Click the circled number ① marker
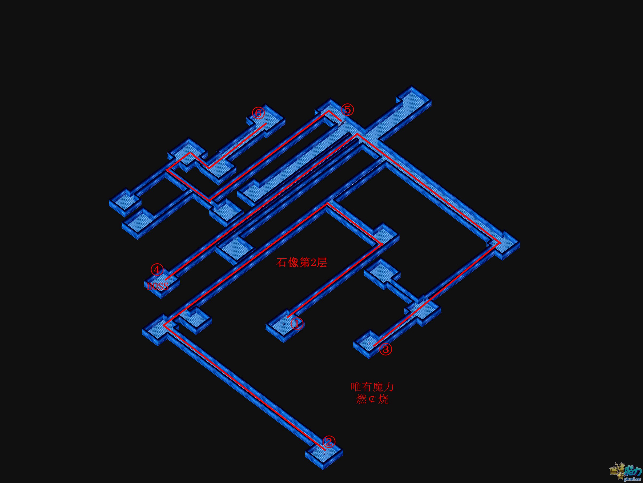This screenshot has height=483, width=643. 297,323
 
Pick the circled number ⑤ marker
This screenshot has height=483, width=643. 348,110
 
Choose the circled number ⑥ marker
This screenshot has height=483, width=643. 258,113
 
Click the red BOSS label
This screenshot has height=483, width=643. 158,287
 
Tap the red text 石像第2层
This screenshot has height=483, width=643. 302,263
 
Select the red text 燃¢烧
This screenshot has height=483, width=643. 372,399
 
